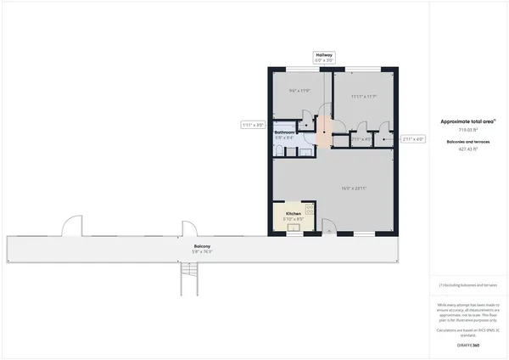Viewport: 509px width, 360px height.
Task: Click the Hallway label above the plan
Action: point(323,54)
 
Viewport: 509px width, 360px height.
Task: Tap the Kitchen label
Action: point(293,214)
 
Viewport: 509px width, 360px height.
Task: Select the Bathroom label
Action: point(284,133)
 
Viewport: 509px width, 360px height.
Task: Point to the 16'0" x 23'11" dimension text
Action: point(354,188)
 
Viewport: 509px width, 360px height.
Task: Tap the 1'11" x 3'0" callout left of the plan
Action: point(253,125)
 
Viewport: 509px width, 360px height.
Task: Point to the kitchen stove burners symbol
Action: point(309,208)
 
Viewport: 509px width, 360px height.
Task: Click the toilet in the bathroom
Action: point(280,149)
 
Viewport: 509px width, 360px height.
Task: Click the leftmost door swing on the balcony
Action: point(70,227)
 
